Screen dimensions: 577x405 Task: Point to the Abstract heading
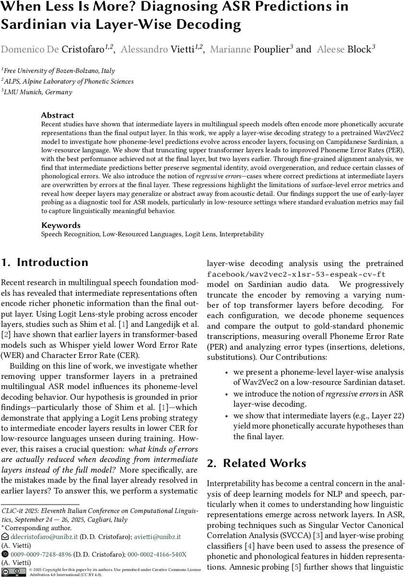[58, 115]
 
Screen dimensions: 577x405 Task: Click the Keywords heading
[61, 225]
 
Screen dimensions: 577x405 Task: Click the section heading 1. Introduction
[45, 263]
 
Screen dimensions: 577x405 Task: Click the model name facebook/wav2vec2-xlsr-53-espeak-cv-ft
[293, 274]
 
